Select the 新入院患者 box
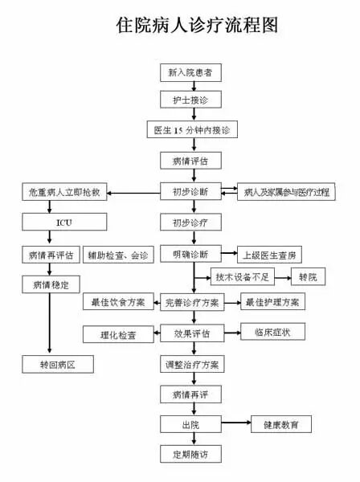pos(190,73)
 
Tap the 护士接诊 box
pos(190,101)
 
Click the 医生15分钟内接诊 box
pos(190,130)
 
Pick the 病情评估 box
pos(190,161)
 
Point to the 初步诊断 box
pos(190,193)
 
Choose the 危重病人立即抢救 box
pos(63,193)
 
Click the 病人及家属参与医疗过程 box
pos(285,193)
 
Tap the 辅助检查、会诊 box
pos(118,255)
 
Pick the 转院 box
pos(308,278)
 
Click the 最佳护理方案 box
pos(273,302)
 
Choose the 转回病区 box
pos(57,365)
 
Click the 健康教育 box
pos(280,423)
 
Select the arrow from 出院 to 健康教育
pos(235,423)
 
